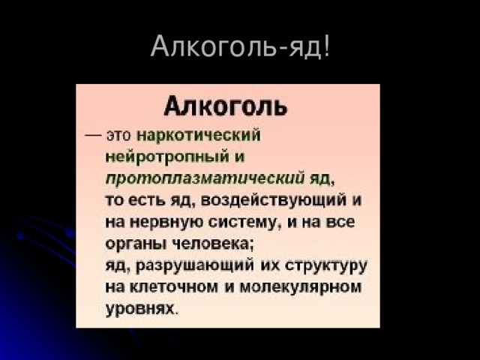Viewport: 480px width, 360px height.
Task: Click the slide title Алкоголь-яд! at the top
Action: coord(240,46)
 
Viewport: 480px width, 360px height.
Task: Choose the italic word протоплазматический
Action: coord(204,179)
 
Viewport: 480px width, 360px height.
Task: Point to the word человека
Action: coord(205,244)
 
